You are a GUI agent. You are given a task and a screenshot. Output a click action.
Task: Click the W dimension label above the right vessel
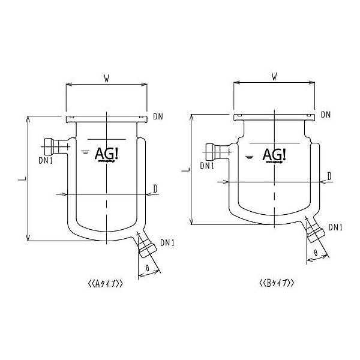(274, 76)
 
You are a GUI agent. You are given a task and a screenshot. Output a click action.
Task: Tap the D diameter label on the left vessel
(155, 189)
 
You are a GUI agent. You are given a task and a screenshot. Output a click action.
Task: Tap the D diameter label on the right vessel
(329, 175)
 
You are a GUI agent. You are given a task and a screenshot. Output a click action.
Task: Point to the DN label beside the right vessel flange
(326, 115)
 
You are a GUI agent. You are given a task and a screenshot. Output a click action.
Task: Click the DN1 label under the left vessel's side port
(46, 160)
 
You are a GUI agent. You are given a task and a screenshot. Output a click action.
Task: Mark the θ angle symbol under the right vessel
(315, 253)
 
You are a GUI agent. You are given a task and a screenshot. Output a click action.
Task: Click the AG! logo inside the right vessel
(275, 154)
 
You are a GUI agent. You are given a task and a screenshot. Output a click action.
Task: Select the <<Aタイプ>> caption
(105, 285)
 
